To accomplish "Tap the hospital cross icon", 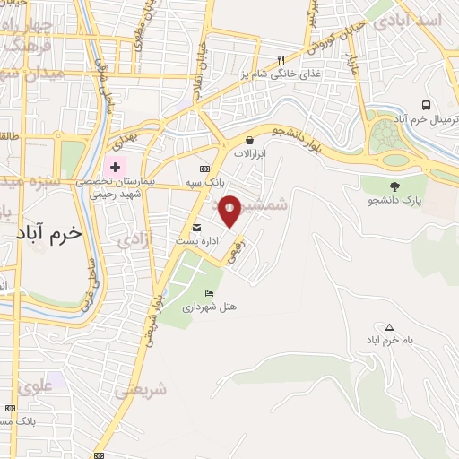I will (115, 167).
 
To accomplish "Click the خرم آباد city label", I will (48, 231).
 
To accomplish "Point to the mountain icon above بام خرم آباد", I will (388, 327).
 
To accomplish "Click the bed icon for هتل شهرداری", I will (210, 293).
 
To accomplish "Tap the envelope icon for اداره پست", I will (196, 226).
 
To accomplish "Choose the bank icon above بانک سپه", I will (204, 169).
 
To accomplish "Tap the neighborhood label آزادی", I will (136, 238).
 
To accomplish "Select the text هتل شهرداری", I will (210, 307).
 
